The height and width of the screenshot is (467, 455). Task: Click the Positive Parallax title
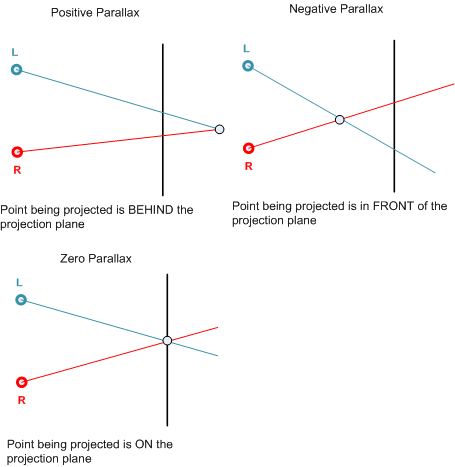[x=95, y=13]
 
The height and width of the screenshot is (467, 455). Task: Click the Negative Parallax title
[x=336, y=9]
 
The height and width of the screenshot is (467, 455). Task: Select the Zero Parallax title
[x=96, y=259]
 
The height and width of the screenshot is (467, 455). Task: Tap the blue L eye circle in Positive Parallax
[x=16, y=69]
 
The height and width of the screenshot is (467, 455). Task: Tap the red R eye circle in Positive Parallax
[x=17, y=152]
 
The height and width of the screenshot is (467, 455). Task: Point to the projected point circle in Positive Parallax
[x=219, y=129]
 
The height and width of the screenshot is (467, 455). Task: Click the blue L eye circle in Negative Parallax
[x=248, y=66]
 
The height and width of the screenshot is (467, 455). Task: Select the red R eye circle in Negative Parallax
[x=248, y=148]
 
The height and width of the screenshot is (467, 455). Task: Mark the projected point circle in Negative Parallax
[x=340, y=120]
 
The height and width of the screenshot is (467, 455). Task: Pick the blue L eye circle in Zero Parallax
[x=21, y=300]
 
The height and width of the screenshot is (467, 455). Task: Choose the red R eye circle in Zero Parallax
[x=22, y=382]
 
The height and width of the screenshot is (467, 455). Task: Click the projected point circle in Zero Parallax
[x=167, y=341]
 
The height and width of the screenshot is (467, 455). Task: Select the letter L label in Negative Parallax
[x=246, y=49]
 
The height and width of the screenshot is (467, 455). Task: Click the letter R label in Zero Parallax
[x=21, y=400]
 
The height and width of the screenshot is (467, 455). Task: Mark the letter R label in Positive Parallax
[x=17, y=170]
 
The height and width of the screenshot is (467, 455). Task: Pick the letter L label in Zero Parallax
[x=19, y=283]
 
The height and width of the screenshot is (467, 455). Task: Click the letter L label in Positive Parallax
[x=15, y=52]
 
